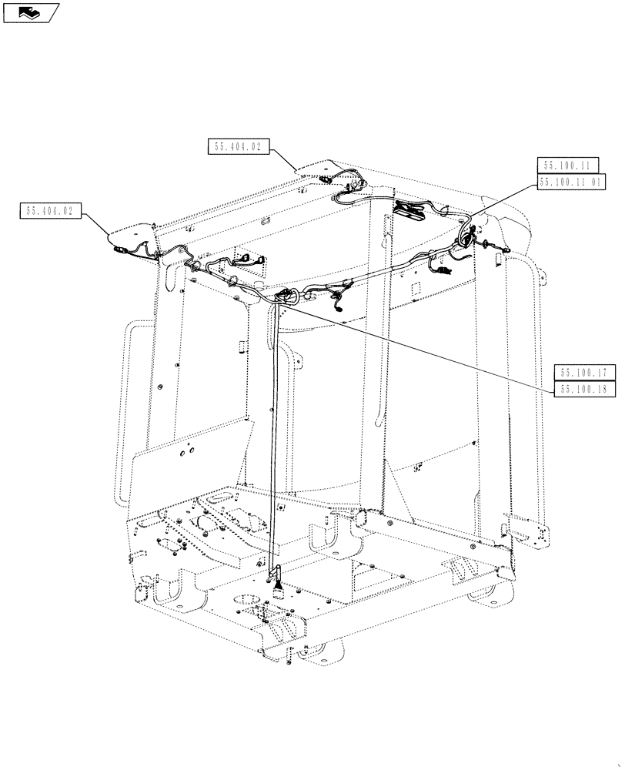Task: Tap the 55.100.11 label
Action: click(x=565, y=166)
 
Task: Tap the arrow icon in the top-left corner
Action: click(x=30, y=11)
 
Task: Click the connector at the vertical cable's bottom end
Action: click(x=276, y=574)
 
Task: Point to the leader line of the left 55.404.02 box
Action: click(x=95, y=224)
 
